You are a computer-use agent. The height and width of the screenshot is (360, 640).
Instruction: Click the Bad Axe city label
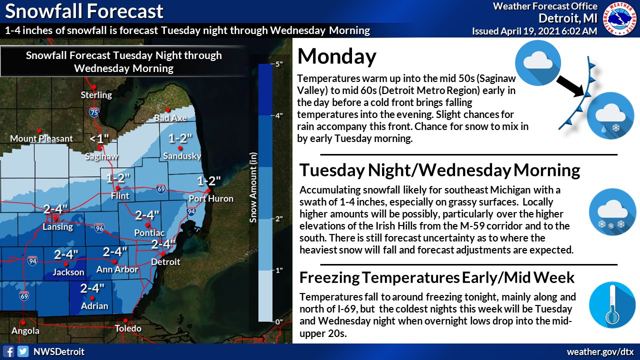pos(170,118)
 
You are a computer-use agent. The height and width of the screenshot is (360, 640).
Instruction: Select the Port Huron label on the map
pos(211,198)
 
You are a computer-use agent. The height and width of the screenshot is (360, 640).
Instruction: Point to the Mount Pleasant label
pos(41,138)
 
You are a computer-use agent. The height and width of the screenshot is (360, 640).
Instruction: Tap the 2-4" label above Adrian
pos(92,288)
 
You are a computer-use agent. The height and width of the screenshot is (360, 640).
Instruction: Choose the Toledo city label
pos(127,328)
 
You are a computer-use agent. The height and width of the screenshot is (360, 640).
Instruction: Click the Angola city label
pos(25,330)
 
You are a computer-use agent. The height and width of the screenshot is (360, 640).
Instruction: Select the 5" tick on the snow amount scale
pos(277,64)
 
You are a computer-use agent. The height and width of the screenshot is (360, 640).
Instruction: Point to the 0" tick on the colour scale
pos(277,321)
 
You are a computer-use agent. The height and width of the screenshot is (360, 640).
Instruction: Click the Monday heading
pos(336,56)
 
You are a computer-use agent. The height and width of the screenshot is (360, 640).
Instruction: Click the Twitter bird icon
pos(22,351)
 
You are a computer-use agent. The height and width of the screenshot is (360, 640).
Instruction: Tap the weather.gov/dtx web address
pos(600,351)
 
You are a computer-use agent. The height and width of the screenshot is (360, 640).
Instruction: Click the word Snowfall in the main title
pos(43,11)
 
